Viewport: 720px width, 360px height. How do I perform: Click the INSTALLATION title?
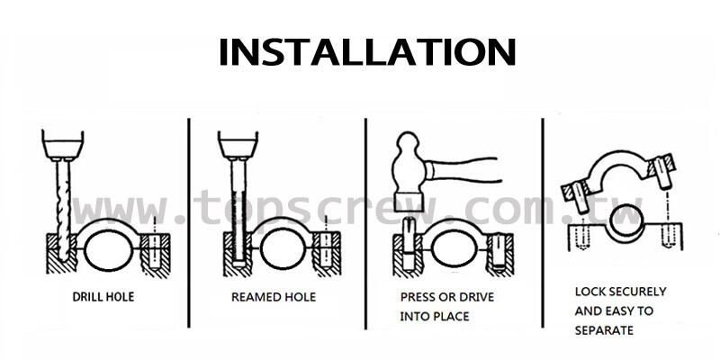coord(367,51)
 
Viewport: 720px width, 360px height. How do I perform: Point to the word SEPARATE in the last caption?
coord(604,330)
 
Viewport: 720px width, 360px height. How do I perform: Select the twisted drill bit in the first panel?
coord(61,202)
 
